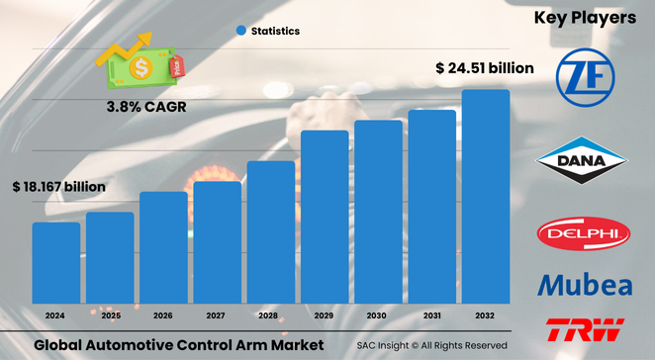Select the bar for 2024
(55, 264)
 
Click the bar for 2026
(163, 249)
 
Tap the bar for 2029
(325, 219)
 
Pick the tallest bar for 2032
(486, 198)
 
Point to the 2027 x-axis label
(217, 315)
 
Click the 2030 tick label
(378, 315)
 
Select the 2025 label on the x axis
(109, 315)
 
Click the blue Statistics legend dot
(240, 31)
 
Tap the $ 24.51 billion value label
(485, 68)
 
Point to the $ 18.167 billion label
(58, 185)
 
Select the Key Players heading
(585, 18)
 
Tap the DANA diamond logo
(584, 161)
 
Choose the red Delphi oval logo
(584, 234)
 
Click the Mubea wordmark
(584, 285)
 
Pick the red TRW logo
(584, 330)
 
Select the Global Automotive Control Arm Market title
(178, 345)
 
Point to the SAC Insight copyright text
(432, 345)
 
